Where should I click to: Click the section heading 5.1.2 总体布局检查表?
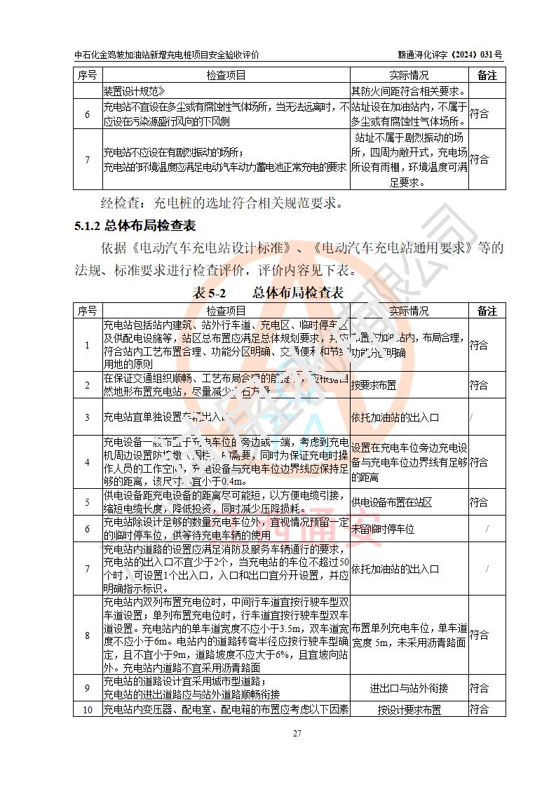pos(135,226)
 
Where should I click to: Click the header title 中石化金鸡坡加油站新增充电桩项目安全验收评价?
pos(166,54)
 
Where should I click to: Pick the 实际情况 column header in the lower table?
pos(408,311)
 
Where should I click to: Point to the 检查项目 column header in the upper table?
pos(226,75)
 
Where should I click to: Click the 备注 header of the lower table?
pos(487,311)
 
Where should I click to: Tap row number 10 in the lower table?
pos(88,709)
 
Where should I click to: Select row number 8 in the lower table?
pos(88,635)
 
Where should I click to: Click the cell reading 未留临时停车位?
pos(383,529)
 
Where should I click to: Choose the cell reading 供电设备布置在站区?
pos(391,502)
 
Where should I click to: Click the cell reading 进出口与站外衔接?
pos(409,688)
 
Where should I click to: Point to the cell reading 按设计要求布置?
pos(409,709)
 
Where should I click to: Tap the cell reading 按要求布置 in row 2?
pos(374,385)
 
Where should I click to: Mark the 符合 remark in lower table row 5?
pos(480,502)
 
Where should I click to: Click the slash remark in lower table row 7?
pos(487,569)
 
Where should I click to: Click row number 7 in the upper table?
pos(88,160)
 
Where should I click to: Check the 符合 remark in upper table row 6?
pos(480,114)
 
